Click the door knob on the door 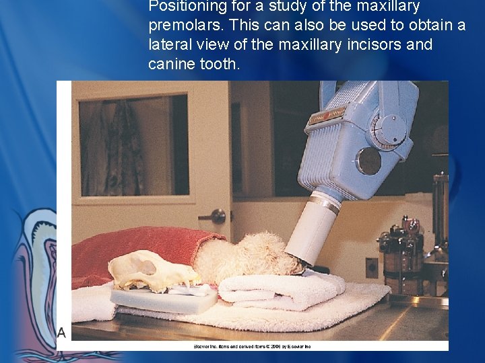point(216,216)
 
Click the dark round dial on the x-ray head point(368,161)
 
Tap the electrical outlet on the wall point(371,268)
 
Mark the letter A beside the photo point(61,332)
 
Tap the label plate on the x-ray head point(327,115)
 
